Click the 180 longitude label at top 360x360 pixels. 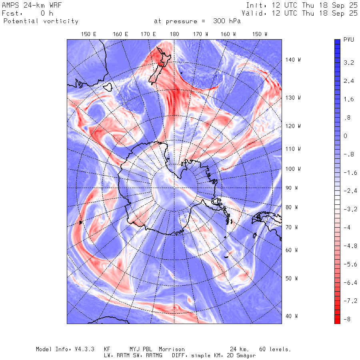tap(174, 34)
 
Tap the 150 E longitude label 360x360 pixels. tap(89, 34)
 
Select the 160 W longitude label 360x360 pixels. tap(228, 34)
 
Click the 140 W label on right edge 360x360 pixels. tap(293, 60)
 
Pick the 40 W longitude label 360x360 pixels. tap(292, 316)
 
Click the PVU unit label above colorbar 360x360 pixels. tap(349, 40)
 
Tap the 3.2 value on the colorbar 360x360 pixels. tap(349, 63)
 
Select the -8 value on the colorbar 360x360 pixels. tap(348, 319)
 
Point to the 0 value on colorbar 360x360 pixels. tap(346, 136)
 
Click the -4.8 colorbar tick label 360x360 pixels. tap(349, 246)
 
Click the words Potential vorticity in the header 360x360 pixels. tap(41, 21)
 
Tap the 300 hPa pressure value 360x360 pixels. tap(226, 21)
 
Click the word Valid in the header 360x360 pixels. tap(256, 13)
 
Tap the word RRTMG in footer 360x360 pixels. tap(153, 355)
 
